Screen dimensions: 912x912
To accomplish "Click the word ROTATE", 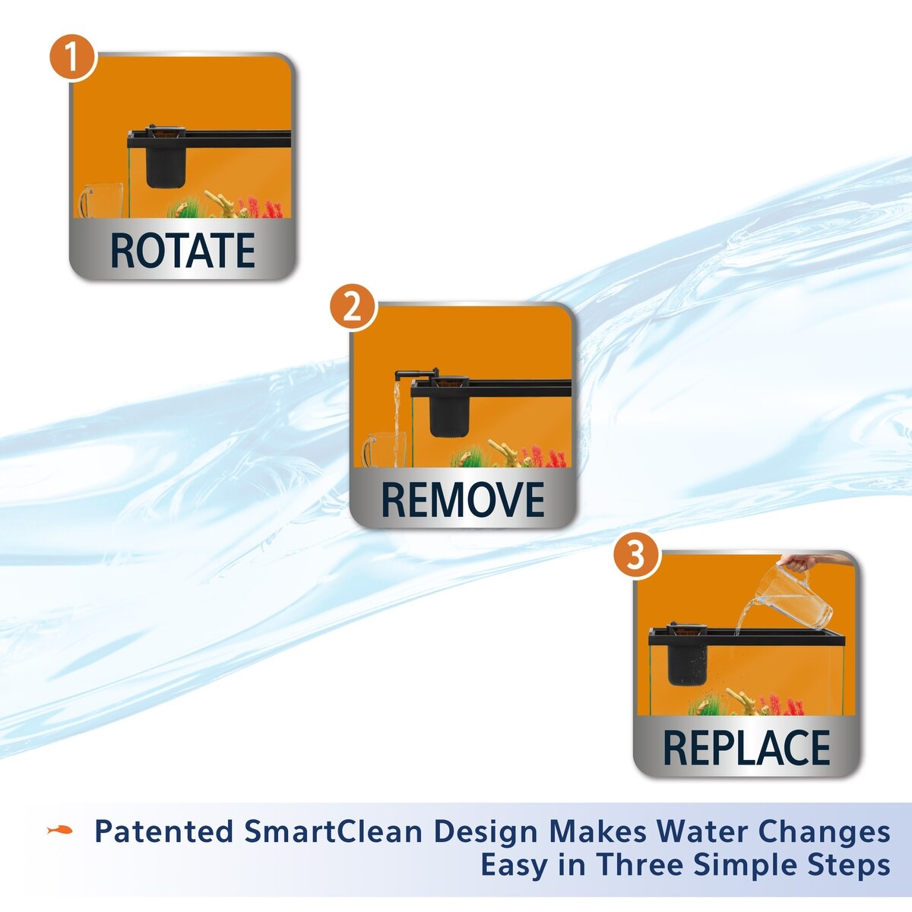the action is pyautogui.click(x=182, y=250).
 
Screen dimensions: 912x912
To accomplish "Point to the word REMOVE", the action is pyautogui.click(x=462, y=500).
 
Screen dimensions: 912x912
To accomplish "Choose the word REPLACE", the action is pyautogui.click(x=746, y=749).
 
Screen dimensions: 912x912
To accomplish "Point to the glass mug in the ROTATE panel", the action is pyautogui.click(x=101, y=200).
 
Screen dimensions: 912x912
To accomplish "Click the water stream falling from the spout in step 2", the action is pyautogui.click(x=397, y=425).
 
